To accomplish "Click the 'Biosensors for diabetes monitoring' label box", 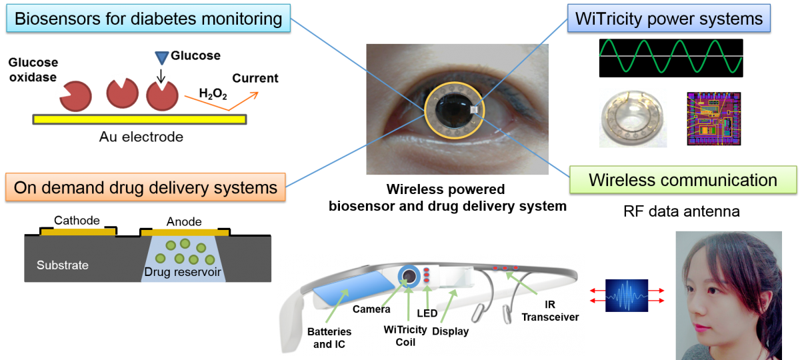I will pyautogui.click(x=148, y=18).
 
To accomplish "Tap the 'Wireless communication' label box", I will pyautogui.click(x=683, y=180).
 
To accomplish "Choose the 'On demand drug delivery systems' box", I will pyautogui.click(x=145, y=187).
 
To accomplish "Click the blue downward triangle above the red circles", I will pyautogui.click(x=162, y=58).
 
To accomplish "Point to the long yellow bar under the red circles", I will pyautogui.click(x=140, y=119).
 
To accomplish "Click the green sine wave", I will pyautogui.click(x=670, y=56).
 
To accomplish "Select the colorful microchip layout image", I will pyautogui.click(x=714, y=118).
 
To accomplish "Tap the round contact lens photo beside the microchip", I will pyautogui.click(x=633, y=118).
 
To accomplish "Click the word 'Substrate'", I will pyautogui.click(x=63, y=265).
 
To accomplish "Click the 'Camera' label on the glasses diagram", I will pyautogui.click(x=371, y=309).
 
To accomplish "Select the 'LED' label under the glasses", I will pyautogui.click(x=427, y=313).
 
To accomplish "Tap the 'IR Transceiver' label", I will pyautogui.click(x=550, y=311).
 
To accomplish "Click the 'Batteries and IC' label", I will pyautogui.click(x=329, y=338).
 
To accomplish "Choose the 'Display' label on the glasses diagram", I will pyautogui.click(x=450, y=331).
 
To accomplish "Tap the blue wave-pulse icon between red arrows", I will pyautogui.click(x=627, y=295).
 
